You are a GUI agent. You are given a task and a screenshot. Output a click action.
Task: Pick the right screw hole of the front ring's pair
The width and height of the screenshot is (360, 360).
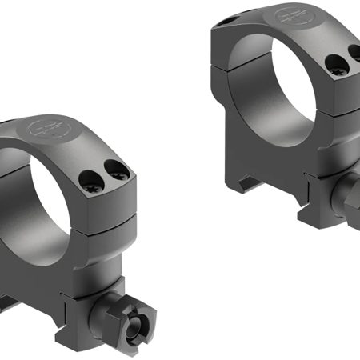click(x=118, y=169)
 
